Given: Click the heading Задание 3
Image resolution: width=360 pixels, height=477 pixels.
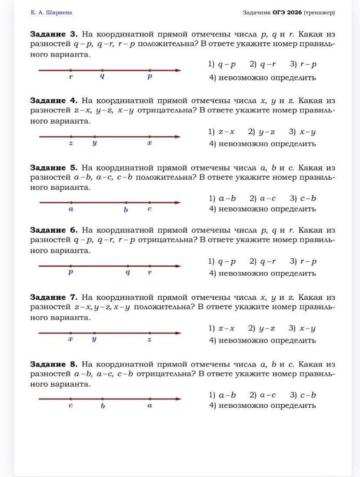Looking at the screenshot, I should click(x=53, y=34).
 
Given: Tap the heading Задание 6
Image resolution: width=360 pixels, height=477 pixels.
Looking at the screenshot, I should click(x=53, y=230).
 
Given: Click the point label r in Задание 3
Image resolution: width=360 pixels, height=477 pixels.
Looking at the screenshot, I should click(x=71, y=77).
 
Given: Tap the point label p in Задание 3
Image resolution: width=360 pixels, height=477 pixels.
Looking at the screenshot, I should click(x=149, y=77).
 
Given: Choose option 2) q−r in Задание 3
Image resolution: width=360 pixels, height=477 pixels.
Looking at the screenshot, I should click(x=263, y=65).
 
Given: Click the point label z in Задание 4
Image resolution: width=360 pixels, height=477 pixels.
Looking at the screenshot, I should click(x=71, y=143).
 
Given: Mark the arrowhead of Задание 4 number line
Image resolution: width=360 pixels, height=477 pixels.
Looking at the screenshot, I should click(x=178, y=137).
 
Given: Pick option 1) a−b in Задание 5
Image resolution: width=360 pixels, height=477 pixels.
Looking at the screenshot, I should click(x=222, y=198).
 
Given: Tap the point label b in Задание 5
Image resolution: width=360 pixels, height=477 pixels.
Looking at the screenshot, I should click(x=126, y=209).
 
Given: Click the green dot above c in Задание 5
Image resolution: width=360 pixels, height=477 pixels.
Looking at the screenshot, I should click(x=150, y=202).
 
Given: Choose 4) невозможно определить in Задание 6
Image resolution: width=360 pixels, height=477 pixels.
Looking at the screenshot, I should click(x=262, y=273).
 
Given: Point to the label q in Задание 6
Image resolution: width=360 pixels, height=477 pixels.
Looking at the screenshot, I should click(x=127, y=273).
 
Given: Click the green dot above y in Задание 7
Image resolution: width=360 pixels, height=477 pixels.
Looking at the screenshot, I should click(x=94, y=333).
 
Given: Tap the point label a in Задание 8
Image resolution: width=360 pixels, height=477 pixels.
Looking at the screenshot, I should click(x=150, y=406).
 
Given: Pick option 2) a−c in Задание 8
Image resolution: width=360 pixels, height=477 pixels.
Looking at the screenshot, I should click(x=263, y=395).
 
